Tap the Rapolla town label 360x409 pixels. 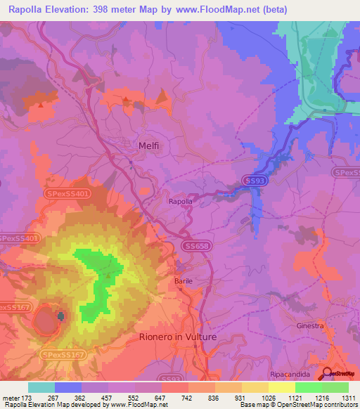click(180, 201)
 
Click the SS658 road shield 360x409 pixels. click(198, 245)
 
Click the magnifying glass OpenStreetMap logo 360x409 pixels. click(327, 374)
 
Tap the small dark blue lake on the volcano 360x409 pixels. click(60, 317)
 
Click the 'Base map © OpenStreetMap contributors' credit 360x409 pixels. click(297, 405)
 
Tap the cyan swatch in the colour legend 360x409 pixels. click(41, 387)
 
